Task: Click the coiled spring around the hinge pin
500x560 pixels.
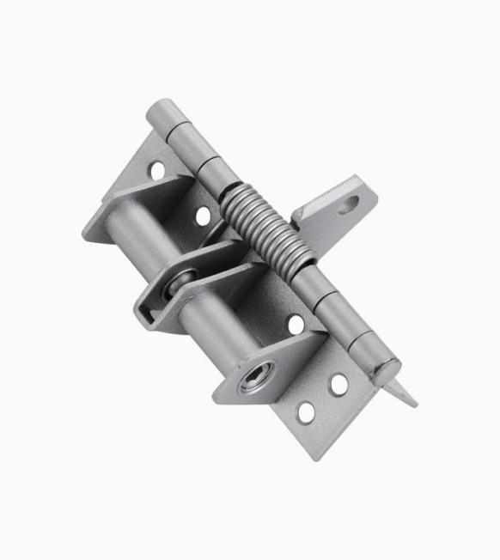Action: (258, 228)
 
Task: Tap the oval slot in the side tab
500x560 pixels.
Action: (349, 204)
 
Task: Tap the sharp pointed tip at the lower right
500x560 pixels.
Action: (414, 404)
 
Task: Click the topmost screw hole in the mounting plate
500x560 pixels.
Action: (157, 170)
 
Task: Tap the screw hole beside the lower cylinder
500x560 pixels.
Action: (295, 325)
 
